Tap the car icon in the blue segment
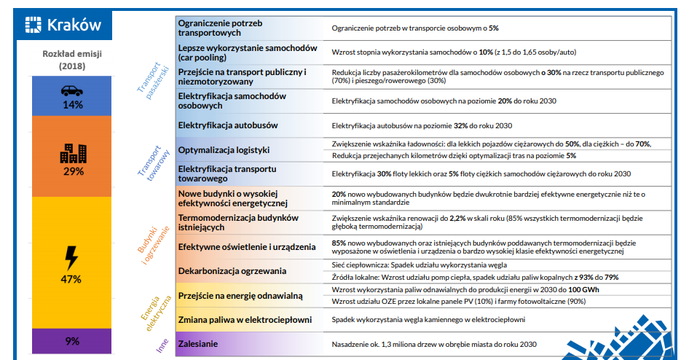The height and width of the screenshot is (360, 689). (x=71, y=90)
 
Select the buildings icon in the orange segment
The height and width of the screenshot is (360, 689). (x=73, y=153)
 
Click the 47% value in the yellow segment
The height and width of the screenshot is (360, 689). (x=71, y=279)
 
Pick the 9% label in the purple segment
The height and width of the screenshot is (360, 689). (x=72, y=341)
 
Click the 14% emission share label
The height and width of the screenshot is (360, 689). (x=72, y=105)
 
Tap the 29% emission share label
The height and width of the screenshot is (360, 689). (x=73, y=171)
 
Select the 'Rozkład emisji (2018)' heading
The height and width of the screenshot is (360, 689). (x=72, y=60)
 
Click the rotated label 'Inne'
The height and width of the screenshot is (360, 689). (x=162, y=344)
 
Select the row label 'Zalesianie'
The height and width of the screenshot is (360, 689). (x=198, y=343)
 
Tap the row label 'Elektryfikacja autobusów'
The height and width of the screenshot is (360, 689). (x=227, y=125)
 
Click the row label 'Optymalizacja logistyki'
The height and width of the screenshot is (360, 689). (x=224, y=150)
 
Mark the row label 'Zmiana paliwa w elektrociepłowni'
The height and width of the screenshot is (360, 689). (x=245, y=320)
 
